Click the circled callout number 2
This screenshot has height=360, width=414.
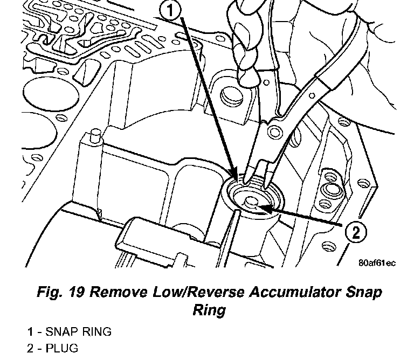pos(355,233)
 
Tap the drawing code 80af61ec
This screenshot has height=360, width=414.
pos(377,263)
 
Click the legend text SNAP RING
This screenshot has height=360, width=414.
pos(79,331)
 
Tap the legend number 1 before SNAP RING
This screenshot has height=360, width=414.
pos(30,331)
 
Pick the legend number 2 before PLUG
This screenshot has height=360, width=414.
pos(30,348)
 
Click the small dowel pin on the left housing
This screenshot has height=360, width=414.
pos(95,134)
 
